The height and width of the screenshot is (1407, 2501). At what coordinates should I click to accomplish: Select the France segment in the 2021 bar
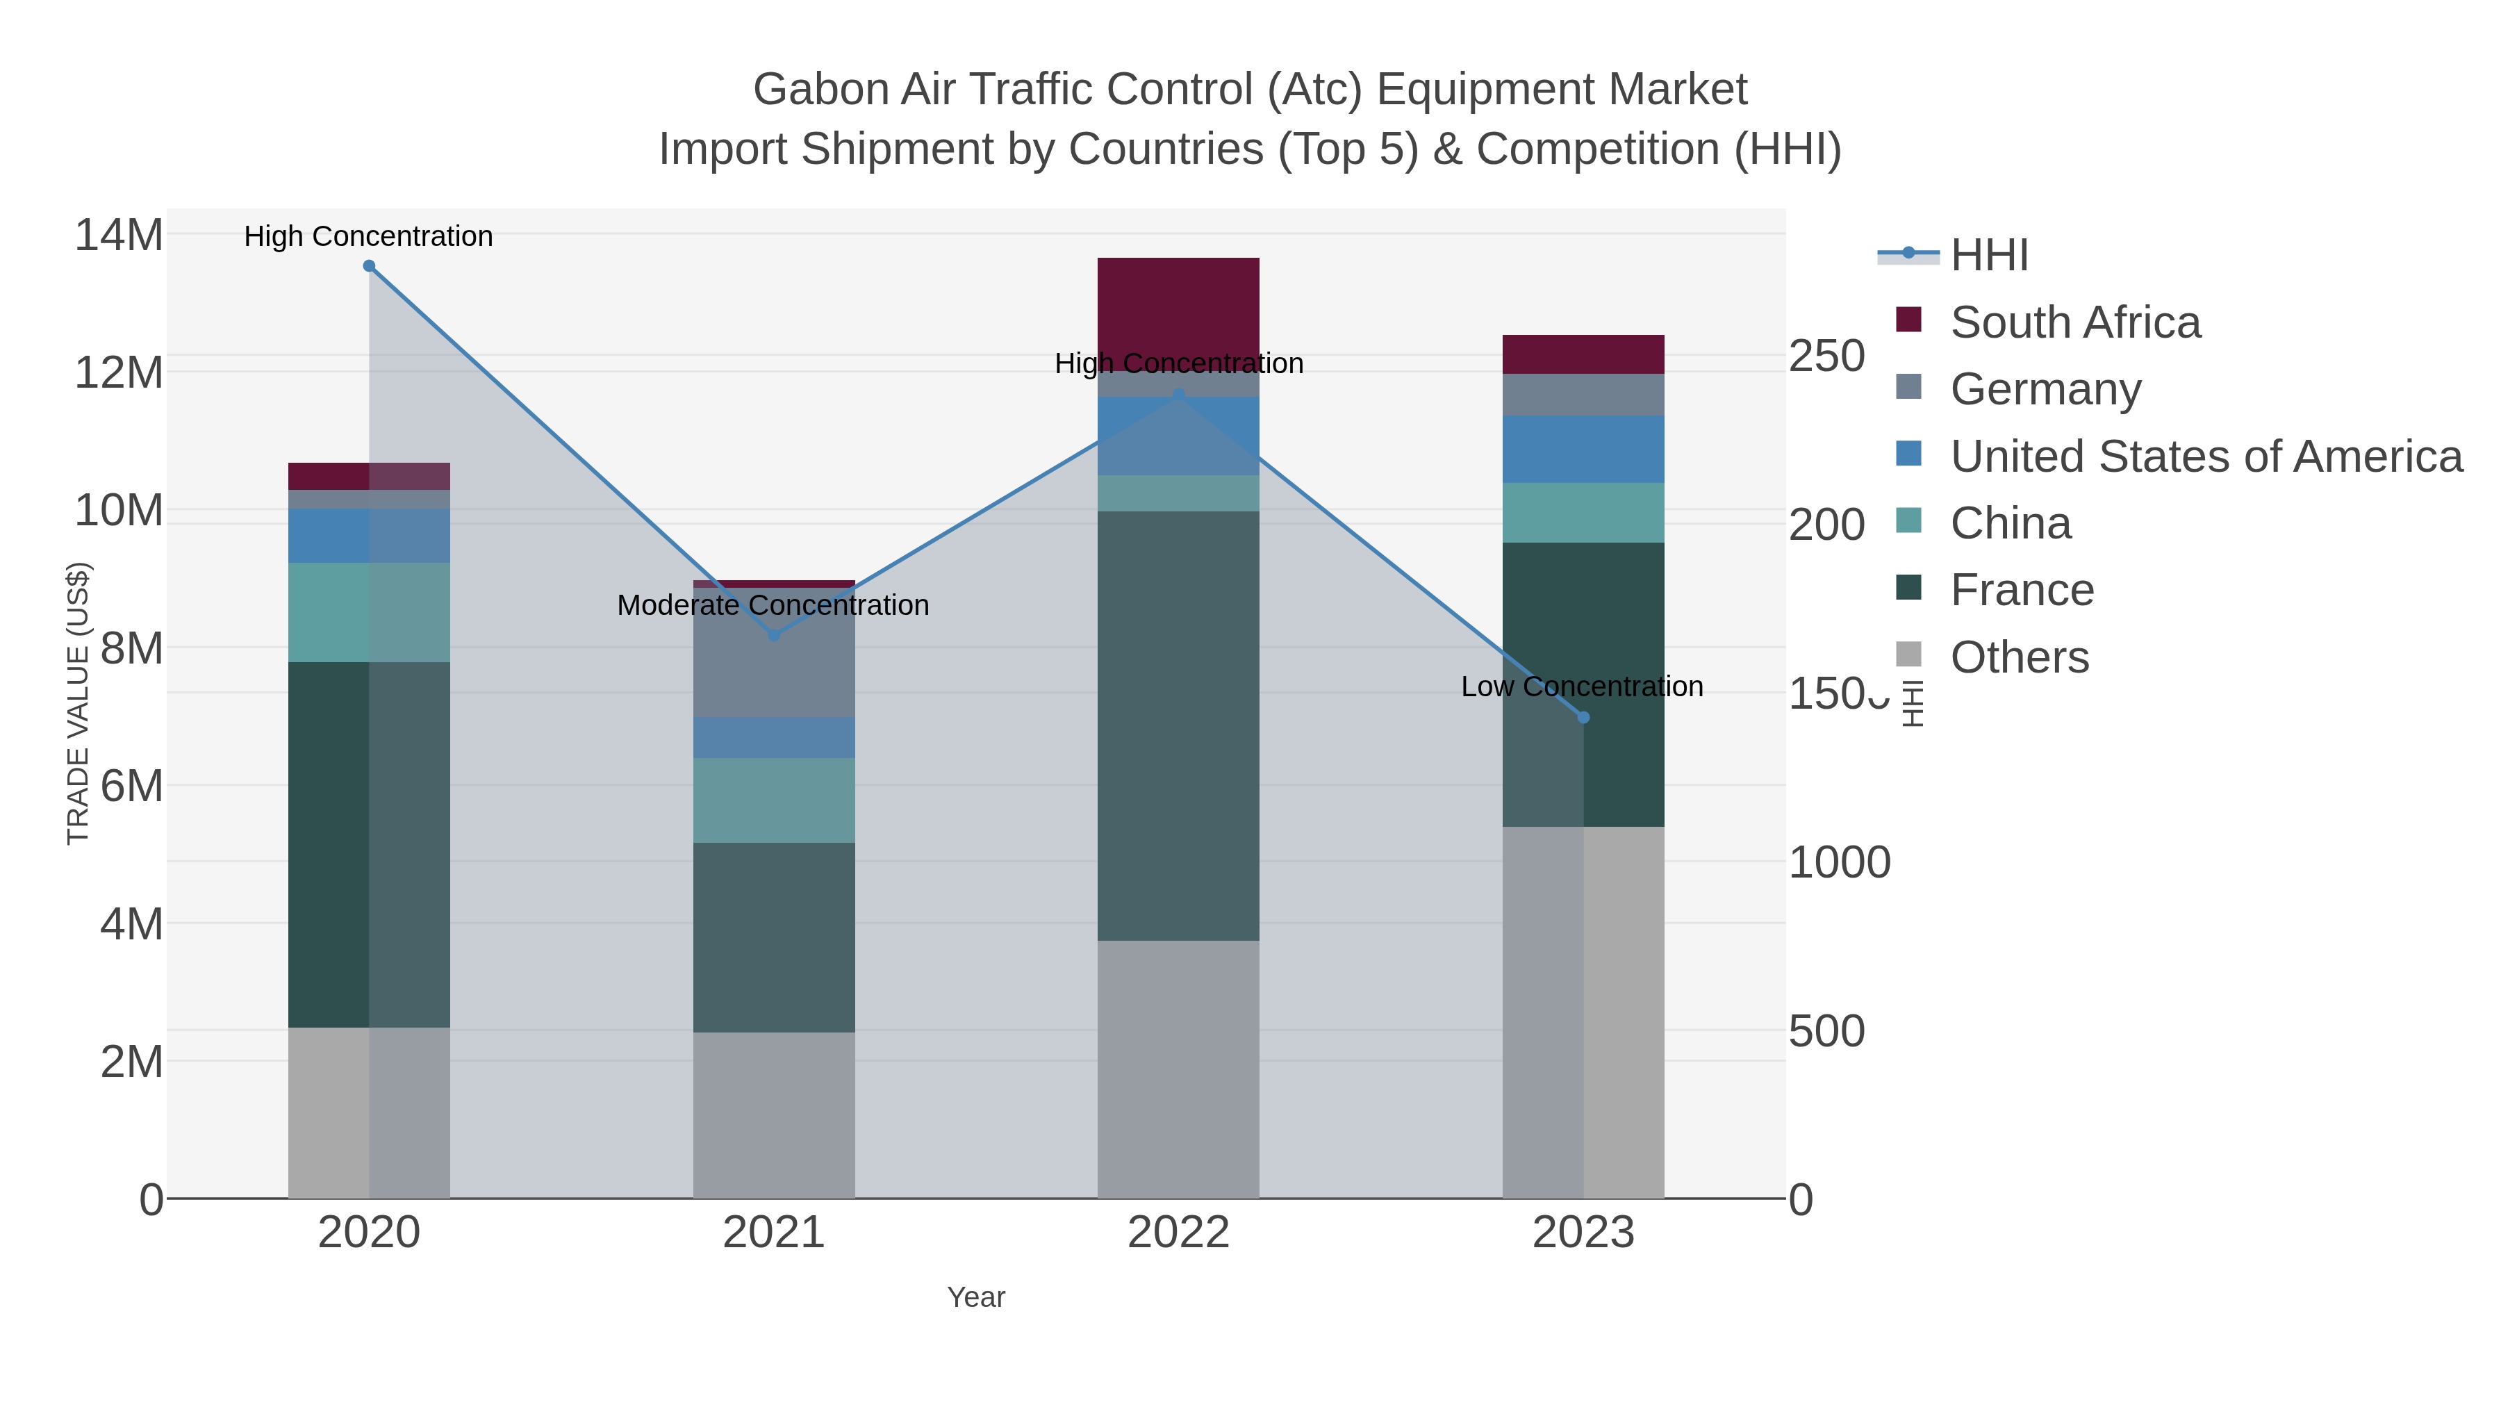(774, 937)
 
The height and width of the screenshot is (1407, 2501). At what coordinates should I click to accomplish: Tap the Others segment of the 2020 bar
(369, 1112)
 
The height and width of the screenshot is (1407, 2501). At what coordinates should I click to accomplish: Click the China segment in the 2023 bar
(1583, 513)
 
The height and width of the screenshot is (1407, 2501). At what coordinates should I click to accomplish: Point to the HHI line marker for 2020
(369, 266)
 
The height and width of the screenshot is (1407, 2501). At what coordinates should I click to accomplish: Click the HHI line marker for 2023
(1583, 718)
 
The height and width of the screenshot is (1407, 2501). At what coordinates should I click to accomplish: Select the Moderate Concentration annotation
(773, 605)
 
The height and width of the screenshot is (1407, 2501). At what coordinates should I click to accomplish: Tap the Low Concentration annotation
(1582, 686)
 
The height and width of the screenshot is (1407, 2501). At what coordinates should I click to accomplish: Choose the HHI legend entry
(1988, 256)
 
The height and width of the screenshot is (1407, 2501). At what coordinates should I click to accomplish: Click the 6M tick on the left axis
(131, 786)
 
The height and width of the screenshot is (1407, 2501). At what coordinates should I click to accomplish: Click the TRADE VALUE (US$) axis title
(78, 703)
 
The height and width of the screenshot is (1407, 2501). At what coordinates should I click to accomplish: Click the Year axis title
(976, 1297)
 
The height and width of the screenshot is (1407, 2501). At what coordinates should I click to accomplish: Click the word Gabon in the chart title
(820, 90)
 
